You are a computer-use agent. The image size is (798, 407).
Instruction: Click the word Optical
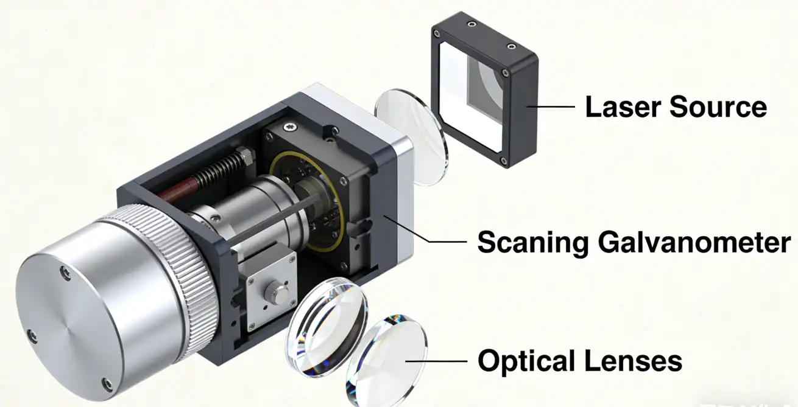pos(526,361)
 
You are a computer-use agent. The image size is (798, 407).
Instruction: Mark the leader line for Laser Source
pos(551,107)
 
